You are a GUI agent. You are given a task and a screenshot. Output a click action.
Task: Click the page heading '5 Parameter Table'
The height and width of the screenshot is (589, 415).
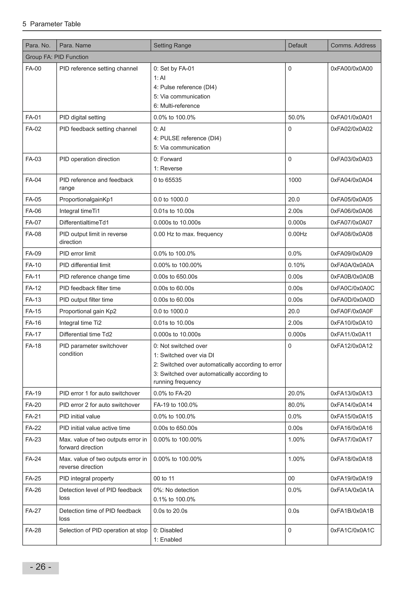point(51,24)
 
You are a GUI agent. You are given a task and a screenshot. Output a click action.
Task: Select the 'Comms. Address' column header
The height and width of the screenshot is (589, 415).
point(353,45)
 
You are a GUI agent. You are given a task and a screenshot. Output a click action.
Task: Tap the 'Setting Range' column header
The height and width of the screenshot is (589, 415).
point(172,45)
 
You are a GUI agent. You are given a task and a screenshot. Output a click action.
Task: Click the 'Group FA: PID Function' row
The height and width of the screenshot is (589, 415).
point(57,57)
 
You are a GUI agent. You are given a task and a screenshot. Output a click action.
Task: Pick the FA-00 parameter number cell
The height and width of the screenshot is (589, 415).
point(33,69)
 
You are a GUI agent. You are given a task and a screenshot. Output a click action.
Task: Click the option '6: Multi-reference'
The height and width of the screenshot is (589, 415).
point(176,106)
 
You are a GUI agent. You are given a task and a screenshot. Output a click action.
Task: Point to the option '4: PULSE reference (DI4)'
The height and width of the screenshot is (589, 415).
point(187,138)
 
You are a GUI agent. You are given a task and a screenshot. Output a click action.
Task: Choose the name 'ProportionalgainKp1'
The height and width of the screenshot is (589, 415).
point(86,199)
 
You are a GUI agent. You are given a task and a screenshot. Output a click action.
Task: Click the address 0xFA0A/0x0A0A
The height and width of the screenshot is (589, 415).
point(352,265)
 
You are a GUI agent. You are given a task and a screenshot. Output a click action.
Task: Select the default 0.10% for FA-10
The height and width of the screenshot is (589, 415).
point(296,265)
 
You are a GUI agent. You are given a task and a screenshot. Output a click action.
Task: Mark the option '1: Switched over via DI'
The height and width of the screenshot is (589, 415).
point(184,355)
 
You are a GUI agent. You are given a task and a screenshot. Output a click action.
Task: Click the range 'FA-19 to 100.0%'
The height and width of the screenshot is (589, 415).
point(175,405)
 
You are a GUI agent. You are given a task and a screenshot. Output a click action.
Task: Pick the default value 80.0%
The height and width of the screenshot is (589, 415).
point(296,405)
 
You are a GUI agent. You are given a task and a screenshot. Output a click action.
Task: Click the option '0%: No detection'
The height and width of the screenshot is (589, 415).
point(176,490)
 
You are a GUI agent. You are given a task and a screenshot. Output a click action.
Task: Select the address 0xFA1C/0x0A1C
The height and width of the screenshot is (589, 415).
point(352,530)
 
